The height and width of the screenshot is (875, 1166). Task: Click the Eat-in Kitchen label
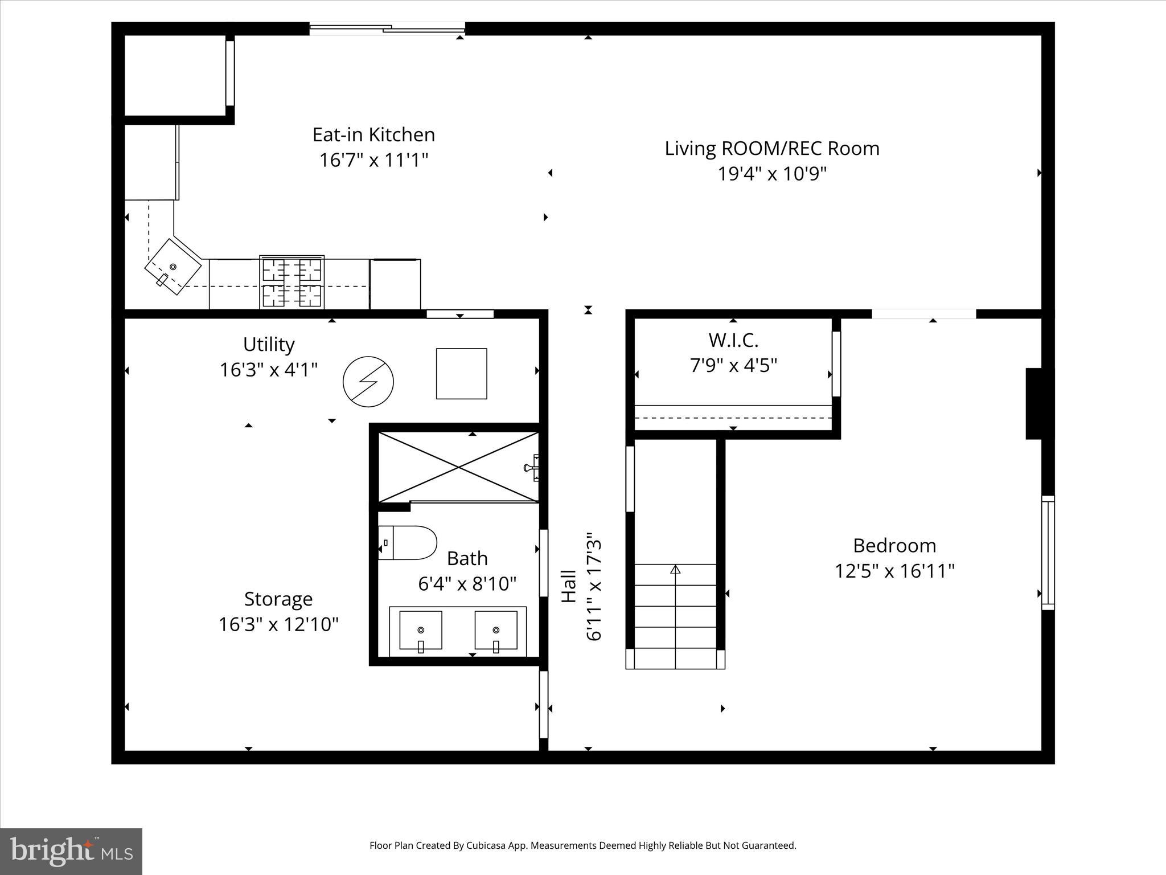(x=373, y=135)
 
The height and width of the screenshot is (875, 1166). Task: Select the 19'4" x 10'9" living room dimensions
(x=771, y=174)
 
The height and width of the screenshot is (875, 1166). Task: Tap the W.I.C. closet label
(x=733, y=341)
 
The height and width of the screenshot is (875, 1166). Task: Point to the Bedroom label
(x=894, y=546)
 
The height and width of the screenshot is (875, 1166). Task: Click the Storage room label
(x=278, y=599)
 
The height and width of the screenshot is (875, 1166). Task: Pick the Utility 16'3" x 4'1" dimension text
(x=269, y=370)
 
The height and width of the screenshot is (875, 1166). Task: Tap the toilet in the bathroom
(x=408, y=543)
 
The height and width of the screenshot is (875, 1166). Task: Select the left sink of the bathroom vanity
(x=421, y=631)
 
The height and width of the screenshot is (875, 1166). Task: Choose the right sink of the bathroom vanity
(x=496, y=631)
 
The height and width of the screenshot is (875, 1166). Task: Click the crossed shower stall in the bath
(x=459, y=467)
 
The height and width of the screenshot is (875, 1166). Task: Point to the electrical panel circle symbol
(x=368, y=382)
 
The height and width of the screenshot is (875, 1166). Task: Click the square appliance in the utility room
(x=461, y=374)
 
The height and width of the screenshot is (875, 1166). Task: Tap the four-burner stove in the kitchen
(x=292, y=283)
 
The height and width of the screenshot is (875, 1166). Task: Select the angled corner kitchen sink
(x=173, y=267)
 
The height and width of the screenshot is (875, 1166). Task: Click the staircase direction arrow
(x=675, y=569)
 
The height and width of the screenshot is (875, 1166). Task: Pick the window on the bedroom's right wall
(x=1048, y=553)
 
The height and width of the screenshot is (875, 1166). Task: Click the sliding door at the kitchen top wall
(x=387, y=28)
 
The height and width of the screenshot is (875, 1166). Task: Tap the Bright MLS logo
(x=71, y=851)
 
